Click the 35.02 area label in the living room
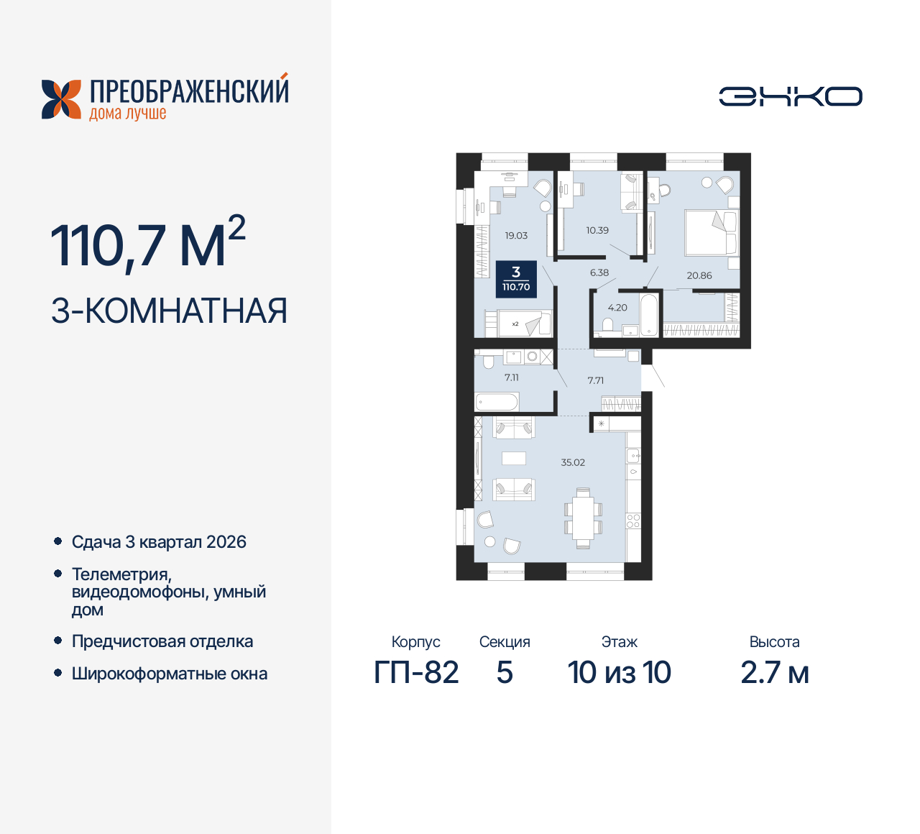(x=573, y=462)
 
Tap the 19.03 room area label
(x=516, y=235)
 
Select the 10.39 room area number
(x=597, y=230)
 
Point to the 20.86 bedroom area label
(x=699, y=275)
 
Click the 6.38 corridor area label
(x=599, y=272)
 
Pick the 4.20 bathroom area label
(x=617, y=307)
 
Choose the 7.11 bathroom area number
(x=511, y=377)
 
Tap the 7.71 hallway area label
(x=595, y=380)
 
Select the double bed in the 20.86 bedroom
(x=712, y=232)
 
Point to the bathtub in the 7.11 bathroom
(x=497, y=402)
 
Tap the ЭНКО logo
(x=791, y=96)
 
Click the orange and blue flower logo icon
(x=61, y=99)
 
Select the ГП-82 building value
(x=416, y=673)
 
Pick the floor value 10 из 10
(x=619, y=673)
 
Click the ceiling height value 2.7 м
(x=774, y=673)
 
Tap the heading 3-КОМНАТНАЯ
(x=170, y=311)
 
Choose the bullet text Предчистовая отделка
(x=162, y=641)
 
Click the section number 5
(x=505, y=673)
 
